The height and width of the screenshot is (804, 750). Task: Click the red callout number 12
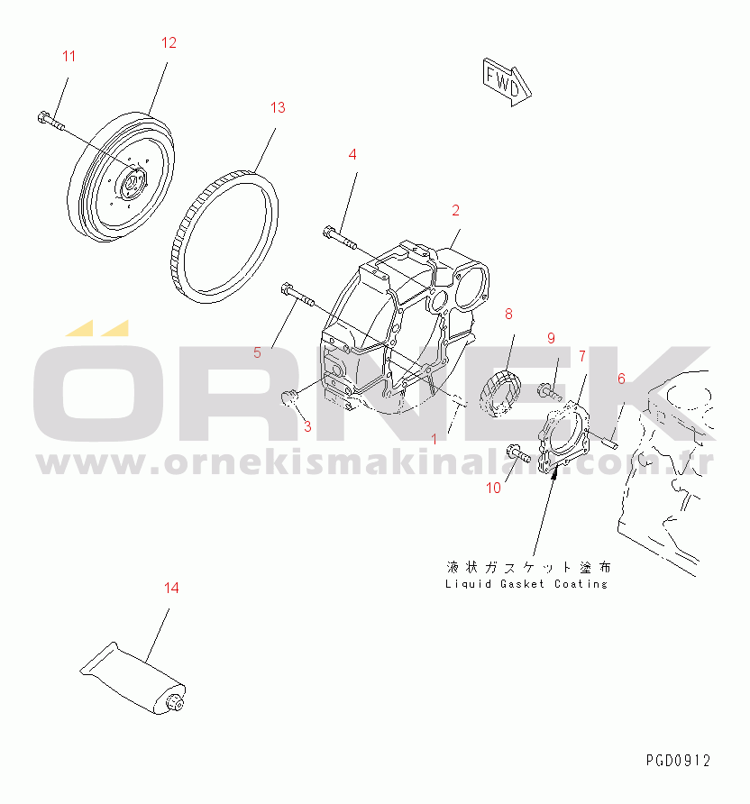[169, 42]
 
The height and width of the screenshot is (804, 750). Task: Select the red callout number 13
[278, 107]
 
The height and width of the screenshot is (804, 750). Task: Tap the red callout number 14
[171, 588]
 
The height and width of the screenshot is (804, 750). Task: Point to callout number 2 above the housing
[456, 210]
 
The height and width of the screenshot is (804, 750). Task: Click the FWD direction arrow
[507, 82]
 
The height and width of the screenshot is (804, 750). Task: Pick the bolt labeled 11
[50, 121]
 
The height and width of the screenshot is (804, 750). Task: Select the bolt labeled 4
[339, 239]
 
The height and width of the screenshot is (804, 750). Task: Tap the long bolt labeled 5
[297, 295]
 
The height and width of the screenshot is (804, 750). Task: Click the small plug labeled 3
[290, 397]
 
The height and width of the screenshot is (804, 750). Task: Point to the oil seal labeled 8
[499, 392]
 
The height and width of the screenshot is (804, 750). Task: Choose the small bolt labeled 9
[549, 392]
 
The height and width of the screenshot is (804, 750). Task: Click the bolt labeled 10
[518, 452]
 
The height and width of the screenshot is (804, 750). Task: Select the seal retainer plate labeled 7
[562, 437]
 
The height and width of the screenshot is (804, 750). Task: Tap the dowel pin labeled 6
[607, 440]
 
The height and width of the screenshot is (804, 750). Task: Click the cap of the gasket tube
[176, 702]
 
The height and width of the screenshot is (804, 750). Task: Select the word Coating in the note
[581, 583]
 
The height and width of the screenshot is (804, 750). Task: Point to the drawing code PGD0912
[678, 761]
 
